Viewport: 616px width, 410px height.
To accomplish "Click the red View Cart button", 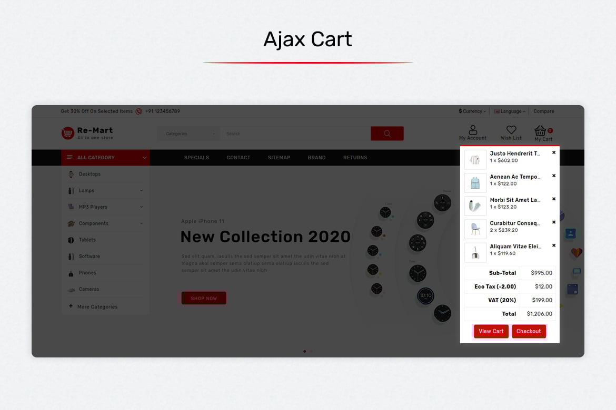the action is click(x=491, y=331).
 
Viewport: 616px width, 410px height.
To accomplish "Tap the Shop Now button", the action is click(x=204, y=298).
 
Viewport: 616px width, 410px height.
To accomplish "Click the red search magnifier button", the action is click(x=387, y=134).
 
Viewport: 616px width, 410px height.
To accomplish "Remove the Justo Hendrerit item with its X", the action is click(x=554, y=152).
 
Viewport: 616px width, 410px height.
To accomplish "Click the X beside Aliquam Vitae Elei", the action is click(x=554, y=245).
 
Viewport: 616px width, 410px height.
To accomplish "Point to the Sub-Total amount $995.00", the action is click(x=541, y=273).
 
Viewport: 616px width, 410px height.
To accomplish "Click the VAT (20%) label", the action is click(x=502, y=300).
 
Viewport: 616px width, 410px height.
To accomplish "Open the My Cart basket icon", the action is click(x=540, y=131).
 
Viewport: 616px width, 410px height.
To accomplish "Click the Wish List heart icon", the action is click(x=511, y=129).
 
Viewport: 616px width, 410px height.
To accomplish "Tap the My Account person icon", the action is click(x=473, y=130).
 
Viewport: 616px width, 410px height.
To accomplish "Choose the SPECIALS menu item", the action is click(x=196, y=158).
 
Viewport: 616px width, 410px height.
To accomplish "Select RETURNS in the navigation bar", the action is click(x=355, y=158).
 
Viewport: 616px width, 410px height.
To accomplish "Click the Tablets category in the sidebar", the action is click(x=87, y=240).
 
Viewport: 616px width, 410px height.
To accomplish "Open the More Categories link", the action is click(x=97, y=307).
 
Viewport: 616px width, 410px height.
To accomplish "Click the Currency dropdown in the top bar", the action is click(x=472, y=111).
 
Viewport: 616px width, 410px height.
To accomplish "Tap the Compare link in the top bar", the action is click(x=544, y=111).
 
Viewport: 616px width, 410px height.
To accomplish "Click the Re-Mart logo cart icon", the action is click(x=67, y=133).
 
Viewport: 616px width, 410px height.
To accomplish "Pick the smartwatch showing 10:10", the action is click(x=425, y=296).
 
